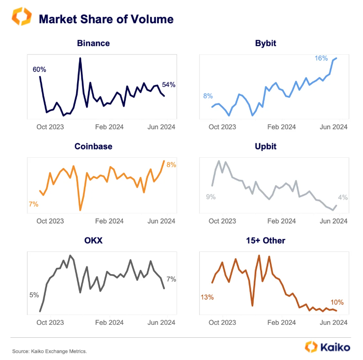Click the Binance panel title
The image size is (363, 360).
click(93, 43)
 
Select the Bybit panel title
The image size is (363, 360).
click(266, 43)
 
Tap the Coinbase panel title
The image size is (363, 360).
click(93, 146)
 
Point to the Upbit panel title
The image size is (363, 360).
click(266, 146)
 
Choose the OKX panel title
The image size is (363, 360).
click(93, 241)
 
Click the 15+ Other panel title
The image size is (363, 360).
click(266, 241)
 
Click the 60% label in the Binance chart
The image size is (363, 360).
click(39, 69)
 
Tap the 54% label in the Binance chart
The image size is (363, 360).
click(169, 84)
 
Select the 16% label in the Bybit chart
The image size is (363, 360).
click(321, 58)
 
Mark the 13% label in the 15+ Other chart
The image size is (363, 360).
click(207, 297)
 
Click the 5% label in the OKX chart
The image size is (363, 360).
click(34, 295)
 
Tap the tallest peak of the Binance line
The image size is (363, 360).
click(80, 58)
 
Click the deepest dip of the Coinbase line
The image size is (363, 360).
click(80, 210)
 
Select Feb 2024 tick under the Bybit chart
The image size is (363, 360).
click(282, 127)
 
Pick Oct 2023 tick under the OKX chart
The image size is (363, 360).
click(50, 322)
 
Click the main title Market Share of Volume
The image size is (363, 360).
click(106, 19)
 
